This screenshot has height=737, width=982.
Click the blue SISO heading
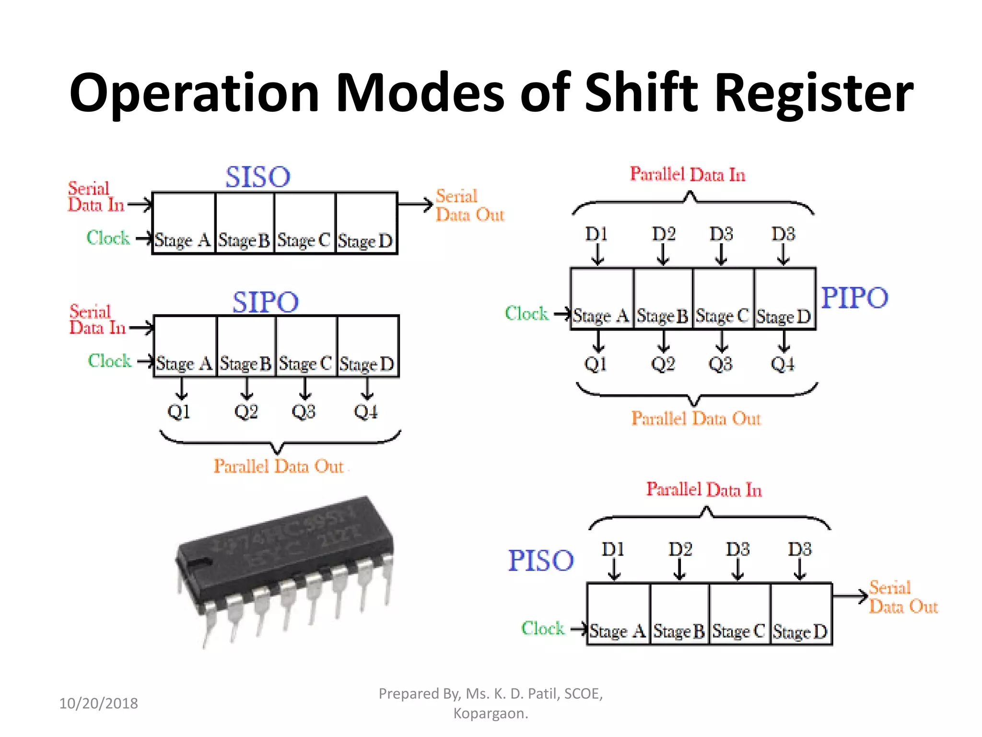coord(258,177)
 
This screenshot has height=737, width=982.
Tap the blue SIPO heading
coord(266,302)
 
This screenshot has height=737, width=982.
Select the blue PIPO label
coord(854,297)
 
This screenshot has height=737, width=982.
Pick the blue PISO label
coord(541,560)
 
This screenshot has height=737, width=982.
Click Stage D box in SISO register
coord(366,224)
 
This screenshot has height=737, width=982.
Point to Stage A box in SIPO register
coord(185,346)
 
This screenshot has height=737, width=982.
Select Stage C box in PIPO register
coord(723,298)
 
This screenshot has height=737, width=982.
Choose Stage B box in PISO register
coord(679,614)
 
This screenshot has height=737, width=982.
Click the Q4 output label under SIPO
coord(366,412)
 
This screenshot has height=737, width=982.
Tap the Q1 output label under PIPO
coord(596,364)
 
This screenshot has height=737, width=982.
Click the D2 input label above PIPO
coord(664,234)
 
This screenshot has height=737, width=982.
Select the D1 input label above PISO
coord(613,549)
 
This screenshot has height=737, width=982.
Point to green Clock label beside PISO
coord(543,628)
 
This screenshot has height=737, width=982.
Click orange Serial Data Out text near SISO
coord(469,205)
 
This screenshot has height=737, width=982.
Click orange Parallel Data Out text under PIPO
coord(696,418)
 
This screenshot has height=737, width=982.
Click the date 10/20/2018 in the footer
coord(98,703)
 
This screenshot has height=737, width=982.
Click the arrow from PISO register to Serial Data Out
coord(850,596)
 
